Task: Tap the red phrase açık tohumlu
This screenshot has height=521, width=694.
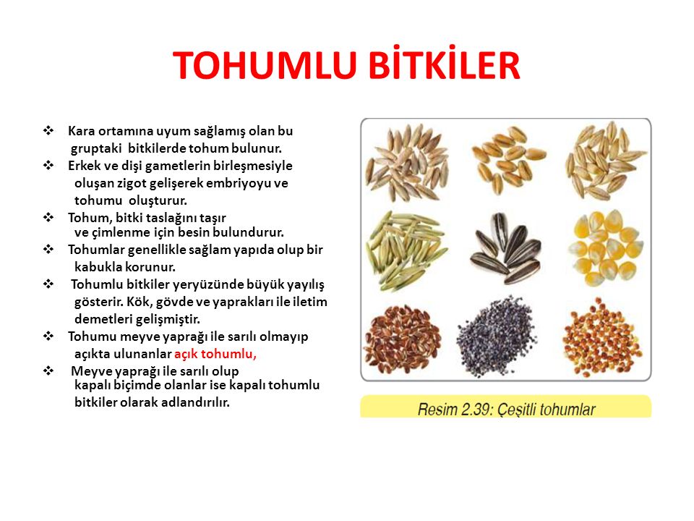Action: [x=215, y=354]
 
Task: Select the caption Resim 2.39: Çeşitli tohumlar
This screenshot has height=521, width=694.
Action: [x=506, y=410]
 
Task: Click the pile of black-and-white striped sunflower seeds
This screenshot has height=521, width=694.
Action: [x=505, y=247]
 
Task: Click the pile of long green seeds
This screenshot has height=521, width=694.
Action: [x=403, y=247]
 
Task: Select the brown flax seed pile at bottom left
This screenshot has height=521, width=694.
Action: [x=403, y=335]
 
